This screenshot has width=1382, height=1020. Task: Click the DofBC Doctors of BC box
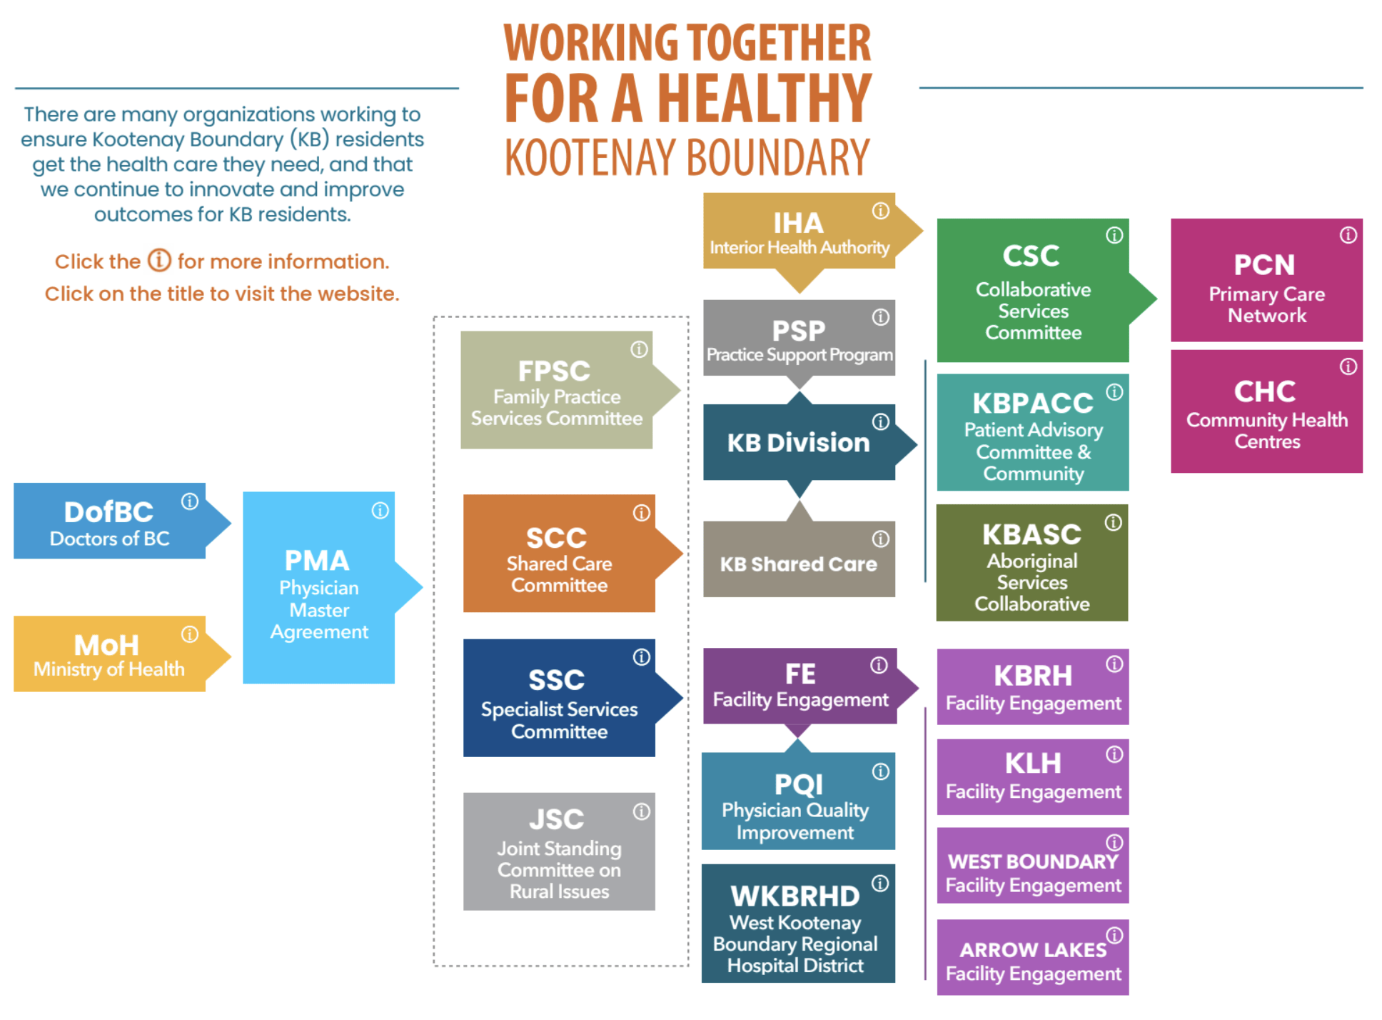(110, 521)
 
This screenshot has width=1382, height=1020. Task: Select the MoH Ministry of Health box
(110, 654)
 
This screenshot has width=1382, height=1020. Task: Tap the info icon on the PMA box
(380, 511)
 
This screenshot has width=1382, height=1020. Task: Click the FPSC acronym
(554, 371)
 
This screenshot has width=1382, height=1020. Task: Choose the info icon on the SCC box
(642, 513)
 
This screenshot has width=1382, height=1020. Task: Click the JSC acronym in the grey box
(556, 819)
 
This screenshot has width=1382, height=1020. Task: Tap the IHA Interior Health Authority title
(799, 234)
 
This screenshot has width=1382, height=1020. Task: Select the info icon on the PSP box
(881, 317)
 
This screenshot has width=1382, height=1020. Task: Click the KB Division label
(798, 443)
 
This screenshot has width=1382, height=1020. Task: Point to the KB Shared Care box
(799, 559)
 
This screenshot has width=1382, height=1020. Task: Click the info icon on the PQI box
(881, 771)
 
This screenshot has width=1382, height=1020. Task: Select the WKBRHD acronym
(795, 896)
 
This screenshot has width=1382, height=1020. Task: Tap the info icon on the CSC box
(1114, 235)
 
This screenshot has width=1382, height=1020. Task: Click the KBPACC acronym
(1033, 403)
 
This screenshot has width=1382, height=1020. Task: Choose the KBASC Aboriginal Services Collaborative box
(1032, 563)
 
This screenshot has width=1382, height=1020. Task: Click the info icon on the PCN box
(1348, 235)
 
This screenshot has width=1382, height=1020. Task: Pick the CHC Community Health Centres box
(1267, 411)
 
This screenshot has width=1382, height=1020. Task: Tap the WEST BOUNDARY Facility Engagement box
(1033, 866)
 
